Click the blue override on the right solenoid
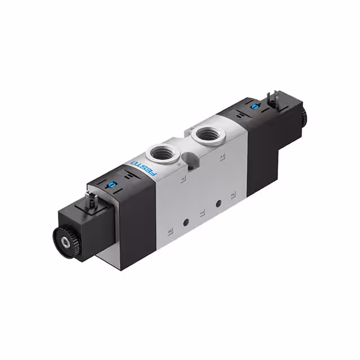[254, 106]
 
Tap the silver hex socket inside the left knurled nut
[67, 241]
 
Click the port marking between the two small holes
[201, 214]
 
